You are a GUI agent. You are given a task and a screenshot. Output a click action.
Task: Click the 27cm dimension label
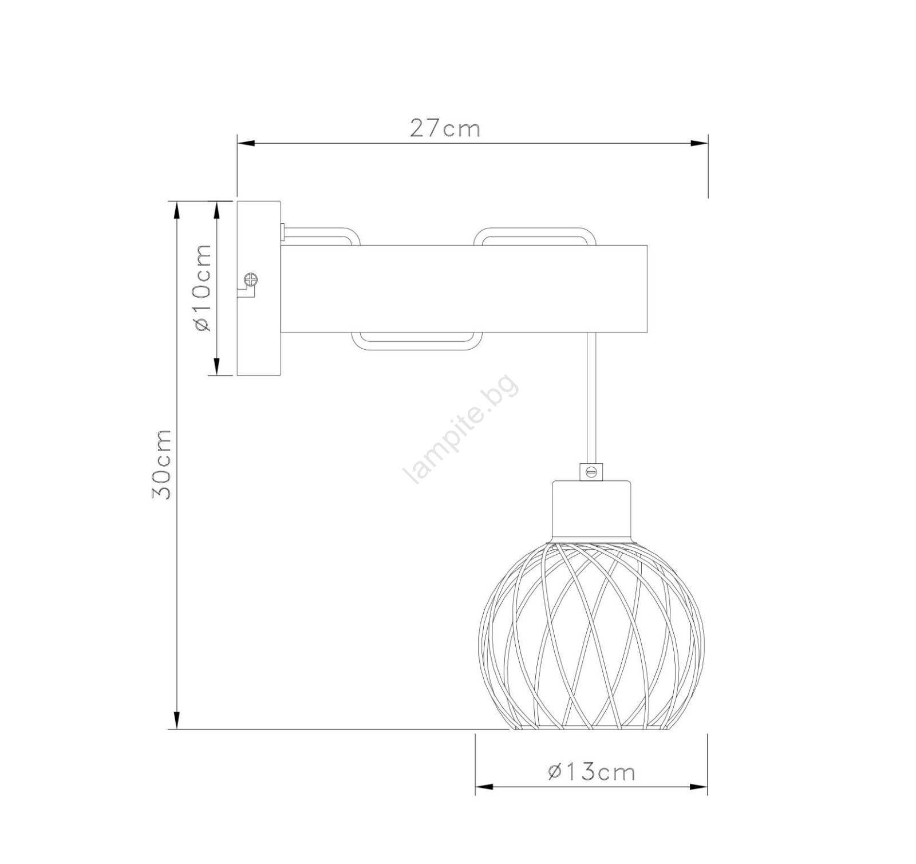445,129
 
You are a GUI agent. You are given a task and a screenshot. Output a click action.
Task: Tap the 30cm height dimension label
161,464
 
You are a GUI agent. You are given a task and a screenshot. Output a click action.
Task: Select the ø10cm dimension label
203,287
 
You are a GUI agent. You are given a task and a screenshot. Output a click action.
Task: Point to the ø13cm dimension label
591,772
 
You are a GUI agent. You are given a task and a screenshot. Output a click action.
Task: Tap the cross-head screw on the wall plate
251,280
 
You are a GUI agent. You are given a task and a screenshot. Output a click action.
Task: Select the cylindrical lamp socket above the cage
592,510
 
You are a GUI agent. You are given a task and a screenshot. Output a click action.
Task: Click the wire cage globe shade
591,635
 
